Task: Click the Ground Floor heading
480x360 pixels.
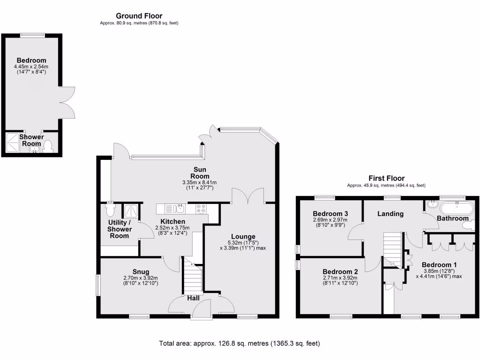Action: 139,16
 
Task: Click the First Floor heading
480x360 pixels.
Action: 386,178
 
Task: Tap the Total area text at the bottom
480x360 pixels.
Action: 240,344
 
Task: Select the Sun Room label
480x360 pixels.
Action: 202,173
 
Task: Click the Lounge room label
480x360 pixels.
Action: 242,236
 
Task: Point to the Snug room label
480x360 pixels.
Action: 141,271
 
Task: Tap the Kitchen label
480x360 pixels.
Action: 172,221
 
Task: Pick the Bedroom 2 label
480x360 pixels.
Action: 340,271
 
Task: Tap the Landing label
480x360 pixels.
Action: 390,214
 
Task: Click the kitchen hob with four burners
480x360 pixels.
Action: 201,208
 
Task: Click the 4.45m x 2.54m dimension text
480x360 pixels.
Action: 31,67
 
